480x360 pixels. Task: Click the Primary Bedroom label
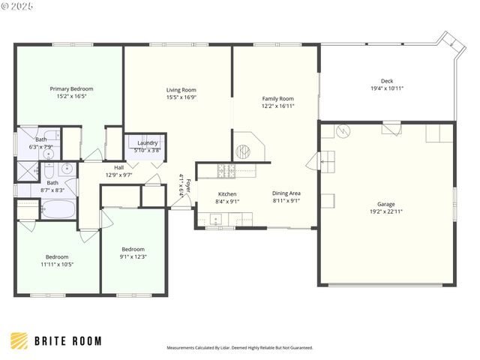[71, 88]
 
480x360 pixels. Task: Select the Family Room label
[277, 98]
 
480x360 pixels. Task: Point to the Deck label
[386, 81]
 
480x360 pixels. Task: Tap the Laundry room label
[147, 142]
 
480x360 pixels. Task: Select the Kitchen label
[227, 194]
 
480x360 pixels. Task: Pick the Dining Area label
[285, 194]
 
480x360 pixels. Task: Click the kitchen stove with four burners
[226, 171]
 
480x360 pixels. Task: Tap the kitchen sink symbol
[216, 220]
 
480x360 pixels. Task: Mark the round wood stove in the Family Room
[242, 151]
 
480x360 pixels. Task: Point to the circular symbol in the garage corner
[341, 132]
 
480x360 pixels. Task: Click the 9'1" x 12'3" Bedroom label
[133, 249]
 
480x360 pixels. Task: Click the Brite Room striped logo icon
[19, 340]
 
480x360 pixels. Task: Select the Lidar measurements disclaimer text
[239, 348]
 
